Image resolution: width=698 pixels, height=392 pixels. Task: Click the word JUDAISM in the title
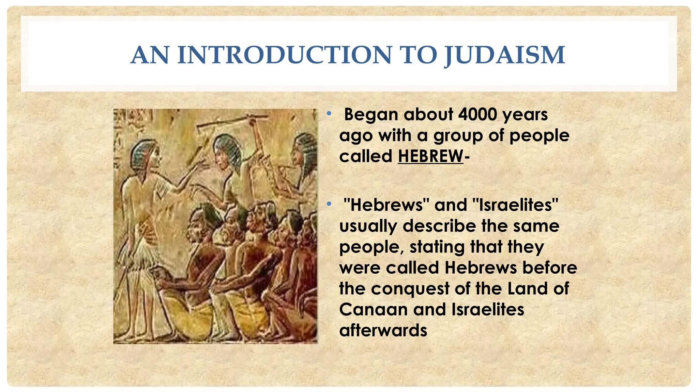coord(505,55)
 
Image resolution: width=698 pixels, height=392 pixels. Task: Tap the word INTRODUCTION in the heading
coord(285,55)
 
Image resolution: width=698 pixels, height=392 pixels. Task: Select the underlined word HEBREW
coord(430,157)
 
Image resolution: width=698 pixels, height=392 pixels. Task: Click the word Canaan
coord(374,310)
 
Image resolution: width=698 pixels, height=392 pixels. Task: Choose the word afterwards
coord(383,330)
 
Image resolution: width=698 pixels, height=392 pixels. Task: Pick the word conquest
coord(410,289)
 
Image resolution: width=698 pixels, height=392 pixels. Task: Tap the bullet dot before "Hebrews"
coord(329,204)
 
